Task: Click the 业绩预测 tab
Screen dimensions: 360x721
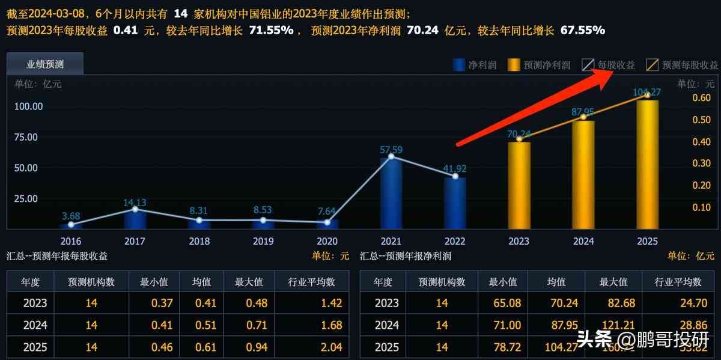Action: pos(45,64)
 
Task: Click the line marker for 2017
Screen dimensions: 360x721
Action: pos(135,209)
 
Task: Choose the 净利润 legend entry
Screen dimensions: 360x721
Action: pos(475,65)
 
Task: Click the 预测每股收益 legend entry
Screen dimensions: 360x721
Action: pos(683,65)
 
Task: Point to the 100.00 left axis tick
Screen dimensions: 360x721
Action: pos(28,106)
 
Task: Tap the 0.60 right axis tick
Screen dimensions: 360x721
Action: pos(701,98)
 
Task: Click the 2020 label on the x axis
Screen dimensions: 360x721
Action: pos(327,241)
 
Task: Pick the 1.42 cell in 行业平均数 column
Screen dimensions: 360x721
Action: pos(332,303)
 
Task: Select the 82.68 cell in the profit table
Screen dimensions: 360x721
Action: pos(613,303)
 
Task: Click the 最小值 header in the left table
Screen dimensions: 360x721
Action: pos(153,281)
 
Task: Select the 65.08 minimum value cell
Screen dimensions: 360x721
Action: pos(503,303)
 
